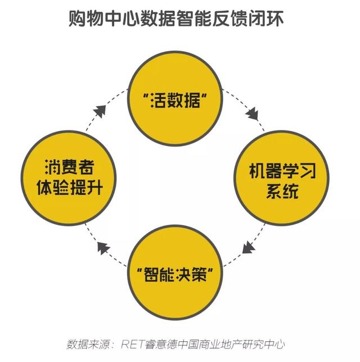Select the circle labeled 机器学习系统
274,180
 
